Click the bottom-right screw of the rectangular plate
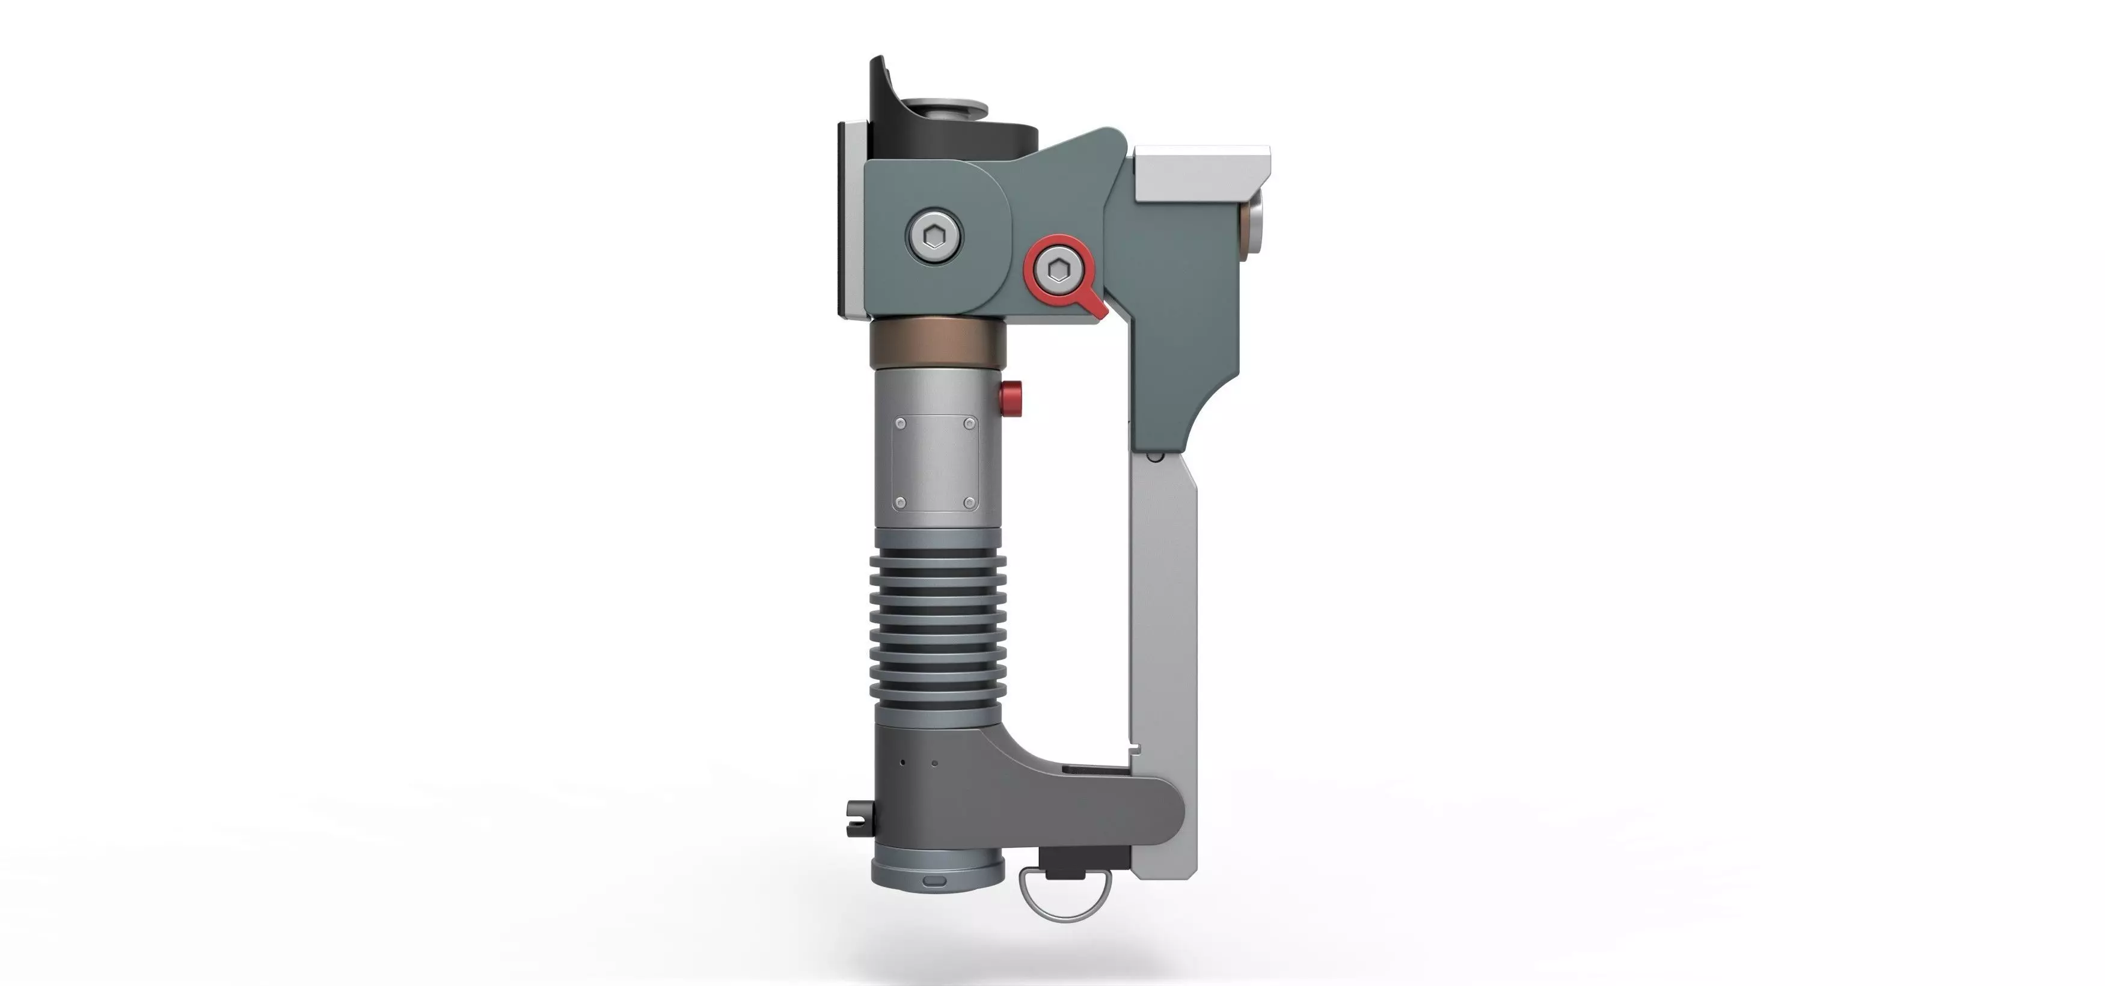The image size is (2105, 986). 970,502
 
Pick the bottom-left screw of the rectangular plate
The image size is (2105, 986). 901,502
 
